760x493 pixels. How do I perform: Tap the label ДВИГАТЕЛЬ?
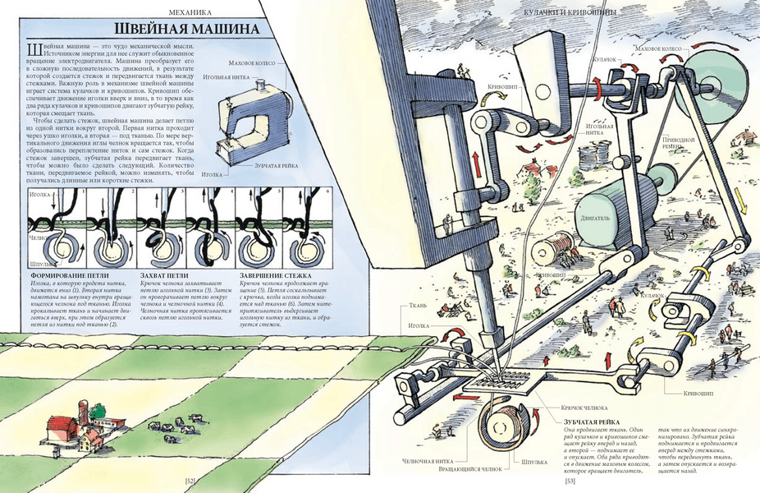tap(593, 219)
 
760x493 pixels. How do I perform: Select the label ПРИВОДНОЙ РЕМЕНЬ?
tap(678, 145)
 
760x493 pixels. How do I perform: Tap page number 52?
tap(190, 481)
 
